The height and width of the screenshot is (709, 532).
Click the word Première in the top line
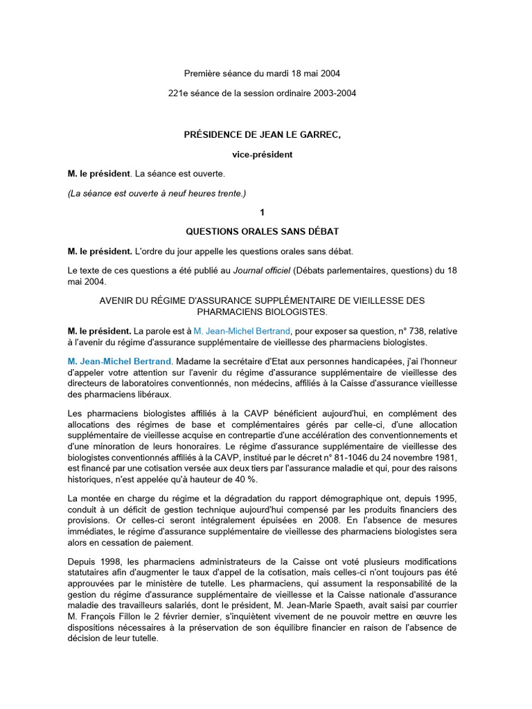click(202, 73)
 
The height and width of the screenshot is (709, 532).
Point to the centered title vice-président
click(262, 154)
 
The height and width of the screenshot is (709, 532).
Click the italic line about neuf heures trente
click(157, 193)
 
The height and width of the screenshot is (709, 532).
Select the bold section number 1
click(262, 213)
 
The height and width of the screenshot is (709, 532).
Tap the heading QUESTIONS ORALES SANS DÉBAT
click(262, 231)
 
